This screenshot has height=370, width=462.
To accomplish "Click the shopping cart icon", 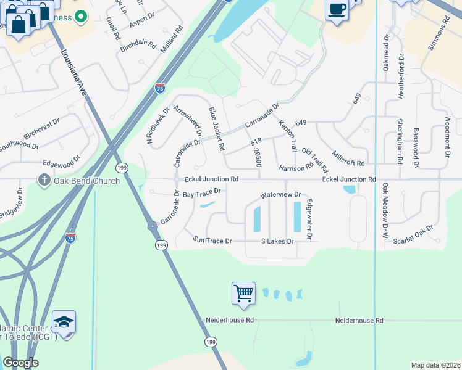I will coord(243,294).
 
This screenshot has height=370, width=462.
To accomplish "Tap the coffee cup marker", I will coord(337,10).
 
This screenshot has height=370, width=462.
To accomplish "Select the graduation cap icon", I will coord(64,322).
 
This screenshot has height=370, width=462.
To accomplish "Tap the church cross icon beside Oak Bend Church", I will coord(43,180).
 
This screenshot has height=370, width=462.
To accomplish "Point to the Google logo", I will coord(20,363).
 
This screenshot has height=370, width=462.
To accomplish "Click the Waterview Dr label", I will coord(280,194).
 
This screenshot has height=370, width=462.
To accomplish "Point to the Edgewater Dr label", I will coord(309,219).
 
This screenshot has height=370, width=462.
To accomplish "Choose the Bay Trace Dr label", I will coord(201,194).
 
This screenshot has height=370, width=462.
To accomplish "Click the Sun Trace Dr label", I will coord(212,240).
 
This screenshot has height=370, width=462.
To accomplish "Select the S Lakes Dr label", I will coord(277,240).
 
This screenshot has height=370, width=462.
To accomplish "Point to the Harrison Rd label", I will coord(296,168).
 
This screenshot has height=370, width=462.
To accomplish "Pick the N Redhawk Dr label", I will coord(157,126).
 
